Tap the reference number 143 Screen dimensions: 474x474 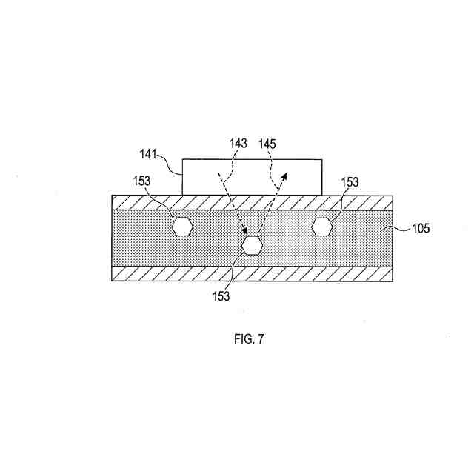point(238,143)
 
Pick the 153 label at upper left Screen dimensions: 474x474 point(144,181)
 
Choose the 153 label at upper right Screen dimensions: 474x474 point(350,181)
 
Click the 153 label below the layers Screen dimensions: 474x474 point(220,296)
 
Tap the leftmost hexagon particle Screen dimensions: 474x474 point(181,227)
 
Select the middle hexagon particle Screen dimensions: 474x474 point(253,244)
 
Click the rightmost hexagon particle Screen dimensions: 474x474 point(322,227)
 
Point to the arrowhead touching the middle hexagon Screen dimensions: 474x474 point(245,233)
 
